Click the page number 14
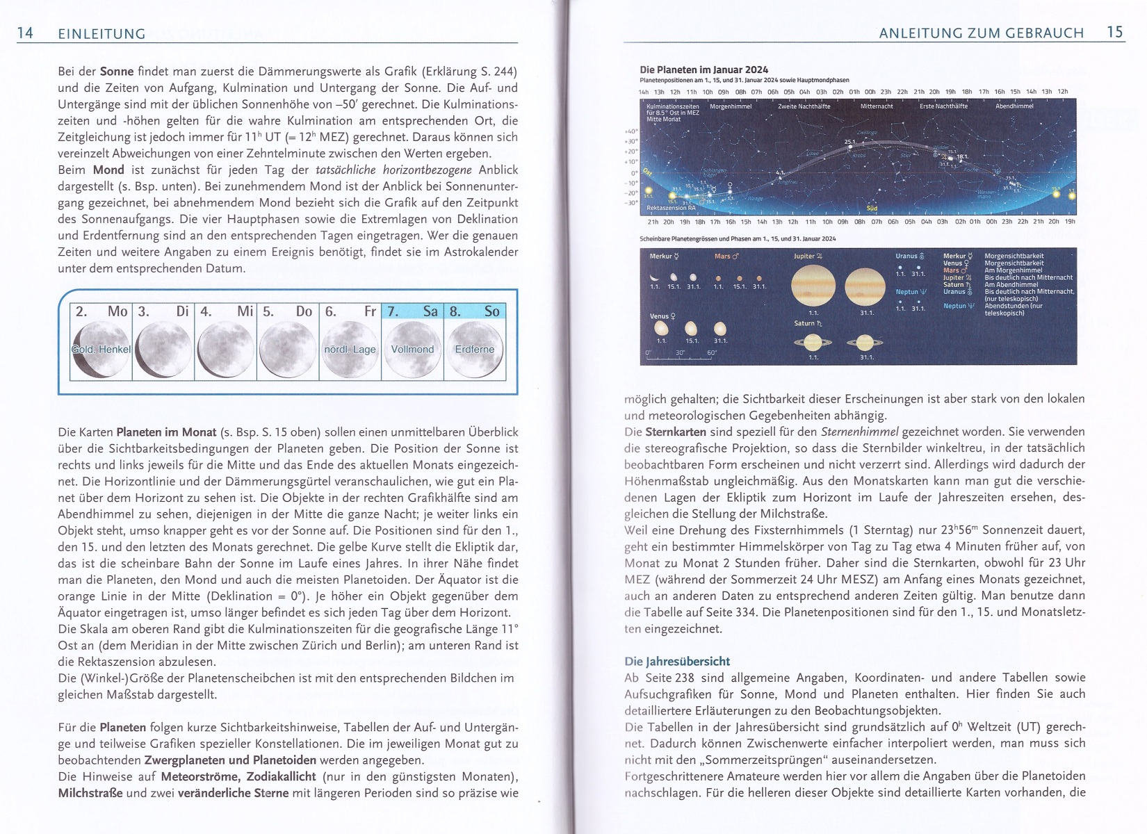25,33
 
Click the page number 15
1115,32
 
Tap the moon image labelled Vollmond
412,349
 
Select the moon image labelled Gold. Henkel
100,349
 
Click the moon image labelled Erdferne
475,349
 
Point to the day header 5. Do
287,311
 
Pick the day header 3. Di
163,311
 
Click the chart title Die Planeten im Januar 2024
703,69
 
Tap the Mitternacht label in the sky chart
876,106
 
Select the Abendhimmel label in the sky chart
1014,106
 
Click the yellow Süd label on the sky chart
872,208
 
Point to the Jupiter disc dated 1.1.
813,286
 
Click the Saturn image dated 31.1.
865,342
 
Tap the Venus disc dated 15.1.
691,329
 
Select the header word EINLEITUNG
101,33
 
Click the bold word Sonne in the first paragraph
117,72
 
